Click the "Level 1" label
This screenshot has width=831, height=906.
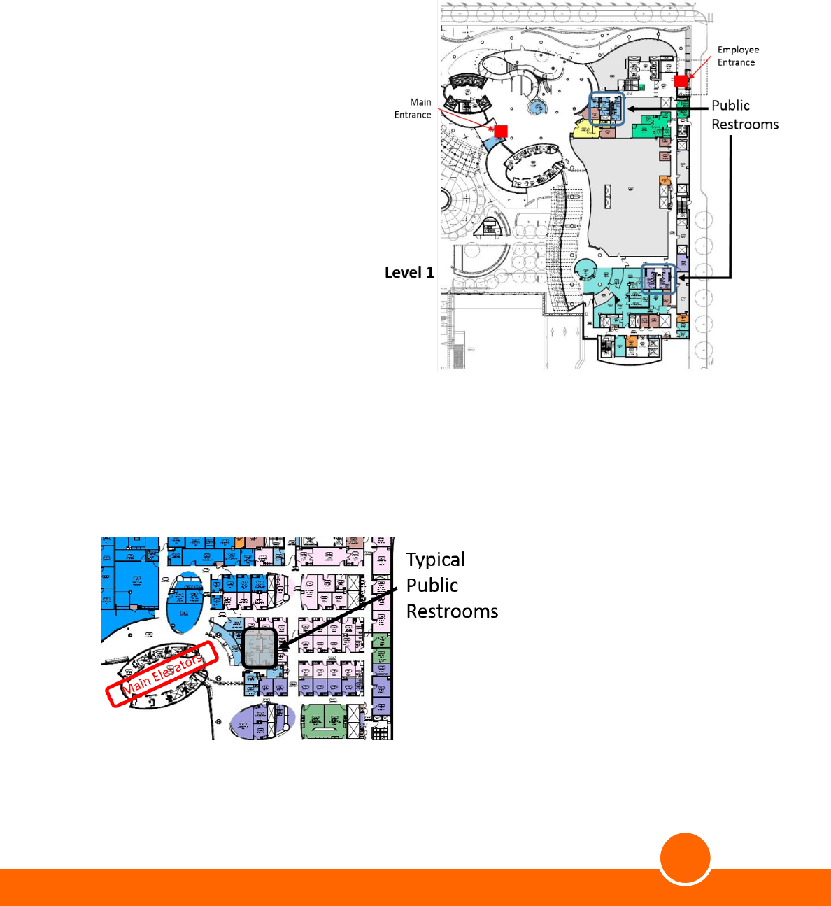coord(409,273)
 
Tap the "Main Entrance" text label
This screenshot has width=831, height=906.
coord(413,108)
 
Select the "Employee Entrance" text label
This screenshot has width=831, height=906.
coord(738,56)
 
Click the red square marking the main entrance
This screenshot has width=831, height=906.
coord(501,131)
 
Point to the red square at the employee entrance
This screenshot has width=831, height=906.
coord(681,81)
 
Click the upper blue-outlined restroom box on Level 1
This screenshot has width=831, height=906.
coord(606,109)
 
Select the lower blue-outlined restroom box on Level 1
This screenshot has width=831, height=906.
coord(659,278)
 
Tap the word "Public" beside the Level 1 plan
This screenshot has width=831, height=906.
coord(730,106)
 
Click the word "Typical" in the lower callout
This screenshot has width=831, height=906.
coord(435,560)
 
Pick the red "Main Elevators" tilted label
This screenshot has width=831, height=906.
coord(162,674)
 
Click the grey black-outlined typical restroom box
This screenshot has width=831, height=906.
coord(260,648)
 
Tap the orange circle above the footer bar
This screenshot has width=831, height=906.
coord(686,858)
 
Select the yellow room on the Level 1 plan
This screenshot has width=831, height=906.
coord(582,129)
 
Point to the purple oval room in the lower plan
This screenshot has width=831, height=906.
coord(256,721)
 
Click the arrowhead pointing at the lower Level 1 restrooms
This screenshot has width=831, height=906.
coord(681,278)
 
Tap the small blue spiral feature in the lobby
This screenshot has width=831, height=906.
coord(537,108)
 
